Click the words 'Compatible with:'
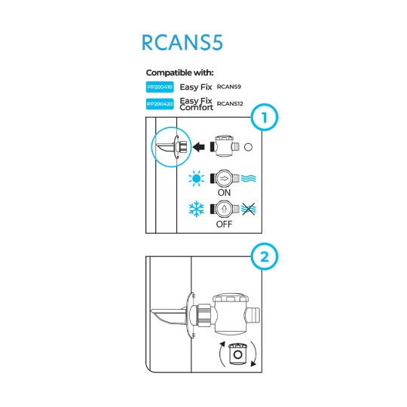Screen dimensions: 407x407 point(179,72)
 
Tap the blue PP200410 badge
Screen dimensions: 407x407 point(159,87)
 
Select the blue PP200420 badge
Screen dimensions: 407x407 point(159,104)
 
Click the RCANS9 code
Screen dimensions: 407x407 point(228,87)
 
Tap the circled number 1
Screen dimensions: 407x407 point(264,118)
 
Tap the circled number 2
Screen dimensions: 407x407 point(264,257)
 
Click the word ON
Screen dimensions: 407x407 point(224,193)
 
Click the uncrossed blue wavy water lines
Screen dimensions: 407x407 point(250,179)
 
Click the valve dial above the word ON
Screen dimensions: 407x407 point(224,179)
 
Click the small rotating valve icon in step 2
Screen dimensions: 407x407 point(238,353)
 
